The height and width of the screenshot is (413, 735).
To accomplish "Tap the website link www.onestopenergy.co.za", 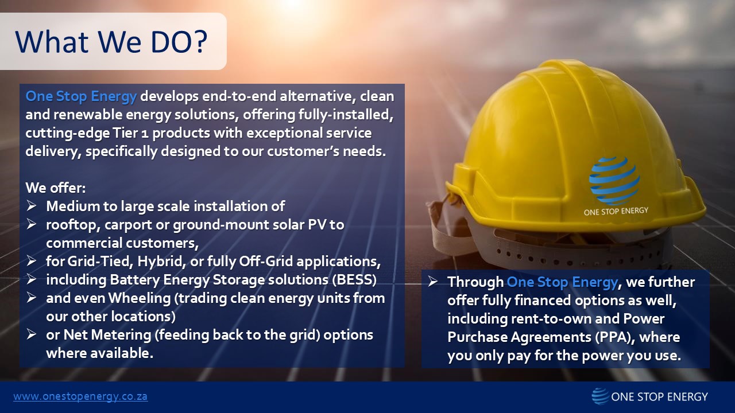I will (80, 396).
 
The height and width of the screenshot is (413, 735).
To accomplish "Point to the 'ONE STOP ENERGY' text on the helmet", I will (616, 211).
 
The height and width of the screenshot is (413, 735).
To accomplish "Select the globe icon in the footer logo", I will (600, 396).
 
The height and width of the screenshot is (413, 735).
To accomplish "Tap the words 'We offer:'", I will (55, 188).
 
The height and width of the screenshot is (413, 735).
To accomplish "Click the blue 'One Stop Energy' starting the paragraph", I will (81, 96).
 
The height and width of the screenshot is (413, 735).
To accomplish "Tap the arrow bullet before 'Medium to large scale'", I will (32, 206).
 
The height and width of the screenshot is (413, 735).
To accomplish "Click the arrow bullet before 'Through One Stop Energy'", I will (434, 282).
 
